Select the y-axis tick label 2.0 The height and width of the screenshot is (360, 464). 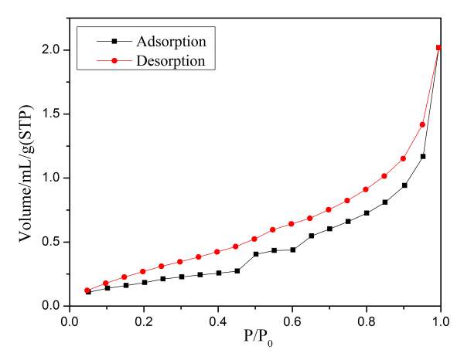(x=52, y=49)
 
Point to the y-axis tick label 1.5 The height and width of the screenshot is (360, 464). (x=52, y=114)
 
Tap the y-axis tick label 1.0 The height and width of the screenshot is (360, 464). (x=52, y=178)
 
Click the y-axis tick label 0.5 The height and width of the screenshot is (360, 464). (x=52, y=242)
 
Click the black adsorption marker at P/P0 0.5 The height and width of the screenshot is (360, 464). (x=255, y=254)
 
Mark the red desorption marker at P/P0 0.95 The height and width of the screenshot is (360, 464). (x=422, y=124)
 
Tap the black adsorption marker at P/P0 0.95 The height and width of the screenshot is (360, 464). (x=422, y=157)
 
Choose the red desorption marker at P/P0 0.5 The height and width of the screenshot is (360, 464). (x=255, y=239)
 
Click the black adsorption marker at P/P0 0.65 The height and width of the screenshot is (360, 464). (x=311, y=236)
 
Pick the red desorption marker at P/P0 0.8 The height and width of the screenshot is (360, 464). (x=367, y=189)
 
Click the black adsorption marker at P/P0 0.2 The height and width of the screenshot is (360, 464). (x=144, y=283)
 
